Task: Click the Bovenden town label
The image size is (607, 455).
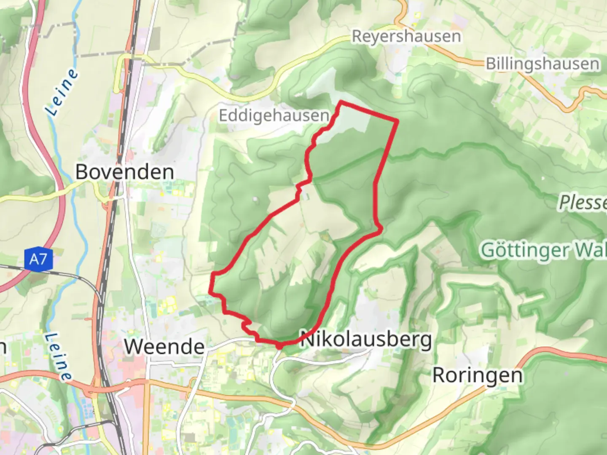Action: tap(125, 172)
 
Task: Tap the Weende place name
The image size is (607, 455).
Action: tap(164, 347)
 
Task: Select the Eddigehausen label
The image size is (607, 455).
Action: tap(274, 115)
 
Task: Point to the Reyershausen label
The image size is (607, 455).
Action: tap(406, 36)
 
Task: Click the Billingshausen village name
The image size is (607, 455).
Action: tap(543, 64)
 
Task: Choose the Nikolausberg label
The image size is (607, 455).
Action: tap(366, 340)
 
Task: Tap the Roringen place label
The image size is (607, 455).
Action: tap(478, 375)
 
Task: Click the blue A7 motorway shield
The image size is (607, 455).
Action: tap(38, 258)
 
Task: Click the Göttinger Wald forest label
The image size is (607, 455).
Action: tap(544, 250)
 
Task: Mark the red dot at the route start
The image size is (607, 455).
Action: tap(279, 346)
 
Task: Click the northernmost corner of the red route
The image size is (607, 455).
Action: tap(341, 102)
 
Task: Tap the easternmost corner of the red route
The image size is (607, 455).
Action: tap(397, 121)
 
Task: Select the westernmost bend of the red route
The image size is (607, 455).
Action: tap(210, 291)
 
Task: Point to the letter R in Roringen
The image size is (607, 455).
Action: tap(440, 375)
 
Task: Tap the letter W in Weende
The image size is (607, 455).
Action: tap(134, 347)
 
